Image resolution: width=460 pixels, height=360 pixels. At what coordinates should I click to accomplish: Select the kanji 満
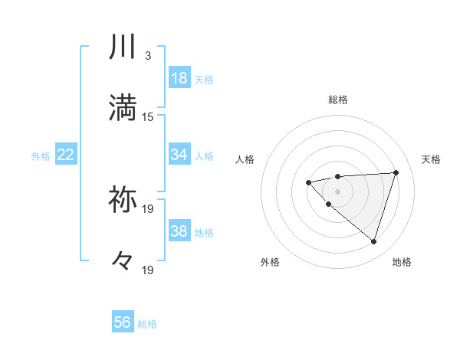(123, 107)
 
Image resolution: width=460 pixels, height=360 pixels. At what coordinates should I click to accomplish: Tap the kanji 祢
(123, 199)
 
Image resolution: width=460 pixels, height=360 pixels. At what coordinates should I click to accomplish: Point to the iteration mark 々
(123, 260)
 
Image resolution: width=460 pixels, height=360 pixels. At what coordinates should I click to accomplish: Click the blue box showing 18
(179, 78)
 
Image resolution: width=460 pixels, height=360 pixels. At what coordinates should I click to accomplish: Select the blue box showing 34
(179, 155)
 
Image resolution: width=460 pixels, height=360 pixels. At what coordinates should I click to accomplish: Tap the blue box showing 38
(179, 231)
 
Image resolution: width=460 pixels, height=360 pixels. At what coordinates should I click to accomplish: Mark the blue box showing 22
(66, 155)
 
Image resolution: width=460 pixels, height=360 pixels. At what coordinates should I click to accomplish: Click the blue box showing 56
(123, 322)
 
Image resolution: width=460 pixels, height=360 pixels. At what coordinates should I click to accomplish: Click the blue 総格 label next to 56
(147, 324)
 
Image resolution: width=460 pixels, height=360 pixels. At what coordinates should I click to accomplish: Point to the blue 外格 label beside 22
(41, 156)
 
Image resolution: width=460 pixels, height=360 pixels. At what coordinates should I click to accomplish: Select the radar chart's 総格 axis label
(338, 100)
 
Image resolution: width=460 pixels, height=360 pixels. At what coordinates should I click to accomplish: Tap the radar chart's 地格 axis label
(402, 262)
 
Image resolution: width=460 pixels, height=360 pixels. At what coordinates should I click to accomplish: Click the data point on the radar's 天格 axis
(396, 172)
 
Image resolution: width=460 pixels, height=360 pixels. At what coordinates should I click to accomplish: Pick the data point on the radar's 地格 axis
(373, 241)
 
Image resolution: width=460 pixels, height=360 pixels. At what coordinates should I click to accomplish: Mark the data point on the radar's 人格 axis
(308, 182)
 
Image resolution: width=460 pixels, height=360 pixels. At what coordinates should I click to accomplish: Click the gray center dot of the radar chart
(338, 191)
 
